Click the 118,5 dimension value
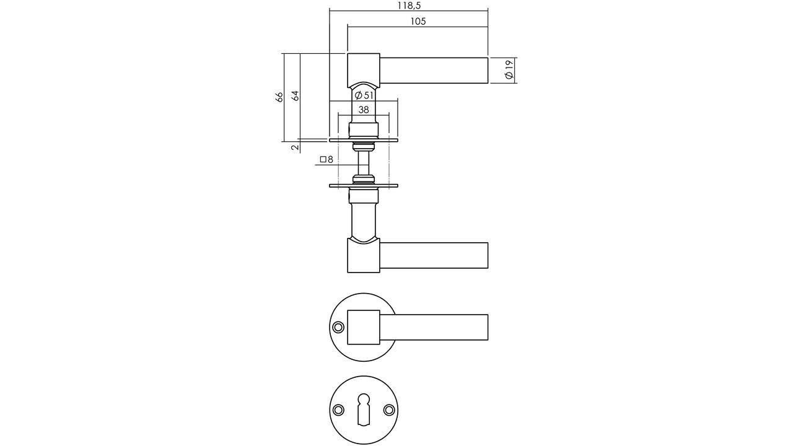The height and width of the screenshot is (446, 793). point(409,6)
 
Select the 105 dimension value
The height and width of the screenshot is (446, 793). point(418,22)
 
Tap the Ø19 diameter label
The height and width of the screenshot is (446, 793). point(509,70)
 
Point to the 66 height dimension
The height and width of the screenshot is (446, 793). point(279,97)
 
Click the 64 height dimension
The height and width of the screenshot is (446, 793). point(296,96)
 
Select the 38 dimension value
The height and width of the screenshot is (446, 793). point(364,110)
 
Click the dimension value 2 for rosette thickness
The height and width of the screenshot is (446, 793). point(295,147)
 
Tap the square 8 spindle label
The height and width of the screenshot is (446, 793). point(326,160)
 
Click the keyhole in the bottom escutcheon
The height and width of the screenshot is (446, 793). point(364,411)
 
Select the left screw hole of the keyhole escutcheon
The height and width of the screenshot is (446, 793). point(338,410)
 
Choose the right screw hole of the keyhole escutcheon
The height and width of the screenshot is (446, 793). point(389,410)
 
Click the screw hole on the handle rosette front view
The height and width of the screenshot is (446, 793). point(338,327)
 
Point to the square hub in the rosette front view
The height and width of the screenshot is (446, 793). point(363,327)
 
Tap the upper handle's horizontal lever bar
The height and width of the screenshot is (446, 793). point(434,70)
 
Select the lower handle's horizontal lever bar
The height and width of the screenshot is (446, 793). point(434,256)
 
